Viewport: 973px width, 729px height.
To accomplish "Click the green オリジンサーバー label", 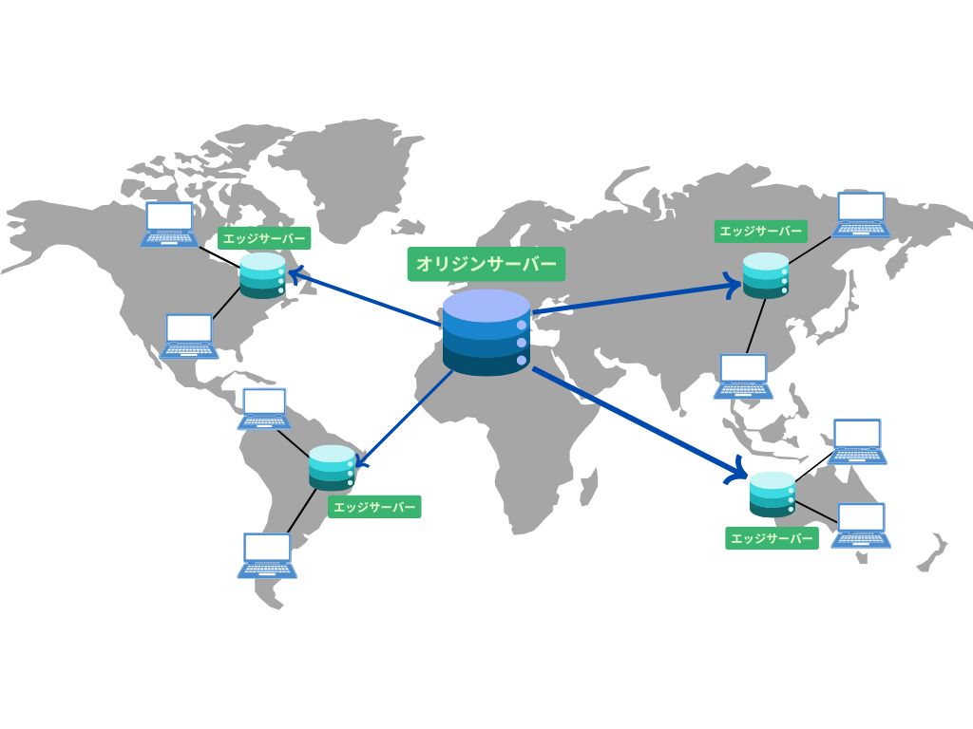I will tap(486, 264).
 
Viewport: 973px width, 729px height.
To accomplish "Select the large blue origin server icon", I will tap(486, 332).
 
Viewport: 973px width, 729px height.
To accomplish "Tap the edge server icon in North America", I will tap(263, 275).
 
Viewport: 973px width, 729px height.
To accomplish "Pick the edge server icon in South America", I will tap(332, 467).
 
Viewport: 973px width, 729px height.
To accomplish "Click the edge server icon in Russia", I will tap(766, 275).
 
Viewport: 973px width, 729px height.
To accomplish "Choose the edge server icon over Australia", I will tap(772, 494).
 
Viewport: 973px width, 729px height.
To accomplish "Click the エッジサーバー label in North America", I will tap(264, 238).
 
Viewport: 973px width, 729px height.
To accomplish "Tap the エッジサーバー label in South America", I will tap(374, 507).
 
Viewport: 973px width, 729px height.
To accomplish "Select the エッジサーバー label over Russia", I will tap(760, 232).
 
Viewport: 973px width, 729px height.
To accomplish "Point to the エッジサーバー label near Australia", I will tap(772, 538).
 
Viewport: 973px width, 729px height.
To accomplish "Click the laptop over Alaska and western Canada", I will tap(169, 224).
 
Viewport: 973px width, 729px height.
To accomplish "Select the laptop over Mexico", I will tap(189, 336).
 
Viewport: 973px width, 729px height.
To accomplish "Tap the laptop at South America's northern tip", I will tap(264, 408).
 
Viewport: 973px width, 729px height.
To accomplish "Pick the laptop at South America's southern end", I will tap(267, 555).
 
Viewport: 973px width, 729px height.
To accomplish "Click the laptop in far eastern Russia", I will tap(861, 215).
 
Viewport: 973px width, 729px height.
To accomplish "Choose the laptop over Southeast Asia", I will tap(743, 376).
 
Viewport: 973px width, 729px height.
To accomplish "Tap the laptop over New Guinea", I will tap(858, 441).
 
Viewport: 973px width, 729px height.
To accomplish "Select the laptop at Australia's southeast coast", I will tap(861, 525).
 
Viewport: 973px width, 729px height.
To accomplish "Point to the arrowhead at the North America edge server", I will tap(295, 274).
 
